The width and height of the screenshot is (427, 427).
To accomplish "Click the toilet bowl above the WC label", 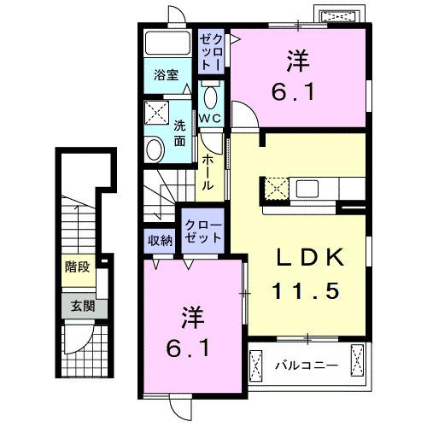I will [x=210, y=93].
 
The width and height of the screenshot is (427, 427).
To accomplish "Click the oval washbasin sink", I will [x=155, y=150].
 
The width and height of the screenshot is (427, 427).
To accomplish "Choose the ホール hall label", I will [x=208, y=170].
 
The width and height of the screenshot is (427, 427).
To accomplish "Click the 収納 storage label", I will [x=160, y=240].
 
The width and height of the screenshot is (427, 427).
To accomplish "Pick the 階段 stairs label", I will [x=76, y=266].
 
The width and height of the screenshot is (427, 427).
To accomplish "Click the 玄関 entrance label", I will [x=76, y=306].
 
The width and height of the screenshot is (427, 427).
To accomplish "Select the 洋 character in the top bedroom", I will [x=296, y=61].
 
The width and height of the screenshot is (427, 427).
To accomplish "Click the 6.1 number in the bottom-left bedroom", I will [x=185, y=348].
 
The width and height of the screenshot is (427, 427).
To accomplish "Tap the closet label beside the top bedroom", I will [x=211, y=51].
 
